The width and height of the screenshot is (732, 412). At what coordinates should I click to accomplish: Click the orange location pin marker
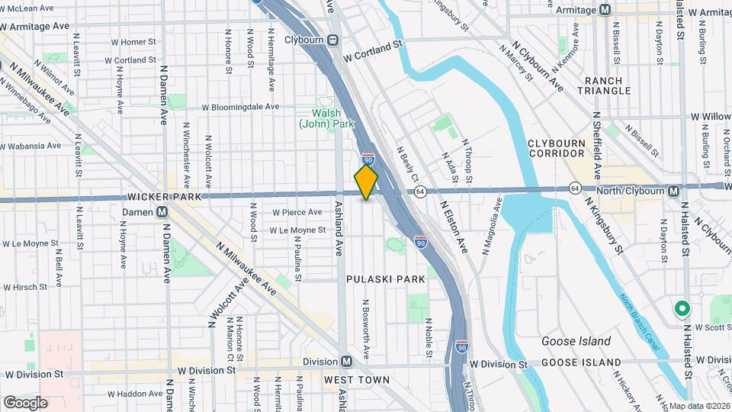(367, 182)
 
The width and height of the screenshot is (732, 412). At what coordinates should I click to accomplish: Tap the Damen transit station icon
(162, 211)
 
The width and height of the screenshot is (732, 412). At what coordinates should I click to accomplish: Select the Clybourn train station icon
(334, 40)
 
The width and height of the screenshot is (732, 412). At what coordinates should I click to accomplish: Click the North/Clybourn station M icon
(673, 191)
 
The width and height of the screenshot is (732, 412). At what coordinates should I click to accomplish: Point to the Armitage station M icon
(605, 10)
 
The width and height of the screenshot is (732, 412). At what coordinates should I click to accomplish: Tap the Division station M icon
(346, 361)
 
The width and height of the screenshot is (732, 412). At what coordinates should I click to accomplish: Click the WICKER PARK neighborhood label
(165, 197)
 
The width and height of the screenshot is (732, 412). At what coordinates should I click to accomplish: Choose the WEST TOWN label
(356, 380)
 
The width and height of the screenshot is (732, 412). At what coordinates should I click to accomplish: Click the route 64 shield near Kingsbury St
(574, 188)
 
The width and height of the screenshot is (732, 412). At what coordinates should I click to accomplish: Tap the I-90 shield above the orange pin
(368, 159)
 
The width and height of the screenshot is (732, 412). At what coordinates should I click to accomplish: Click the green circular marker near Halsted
(682, 309)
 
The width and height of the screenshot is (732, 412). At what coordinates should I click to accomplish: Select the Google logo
(25, 403)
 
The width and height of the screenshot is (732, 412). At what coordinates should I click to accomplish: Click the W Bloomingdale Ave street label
(241, 107)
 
